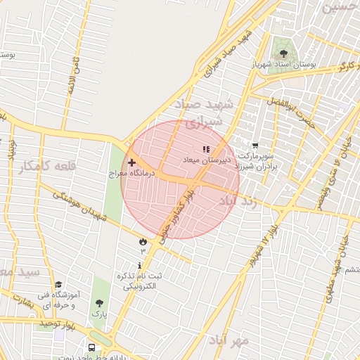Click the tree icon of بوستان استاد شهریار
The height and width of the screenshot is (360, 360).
[283, 53]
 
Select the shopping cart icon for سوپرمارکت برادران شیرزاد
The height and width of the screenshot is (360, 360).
[255, 146]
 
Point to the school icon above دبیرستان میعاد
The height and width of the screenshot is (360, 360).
[206, 150]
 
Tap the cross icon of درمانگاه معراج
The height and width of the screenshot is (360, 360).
[131, 162]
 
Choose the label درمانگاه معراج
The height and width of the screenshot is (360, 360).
[128, 172]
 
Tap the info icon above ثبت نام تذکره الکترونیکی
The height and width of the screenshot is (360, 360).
[139, 266]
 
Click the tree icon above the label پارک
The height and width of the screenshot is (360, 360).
[98, 303]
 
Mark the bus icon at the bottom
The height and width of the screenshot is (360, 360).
[92, 347]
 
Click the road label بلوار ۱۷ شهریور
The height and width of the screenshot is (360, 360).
[261, 243]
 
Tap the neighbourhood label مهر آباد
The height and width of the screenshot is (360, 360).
[228, 340]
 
